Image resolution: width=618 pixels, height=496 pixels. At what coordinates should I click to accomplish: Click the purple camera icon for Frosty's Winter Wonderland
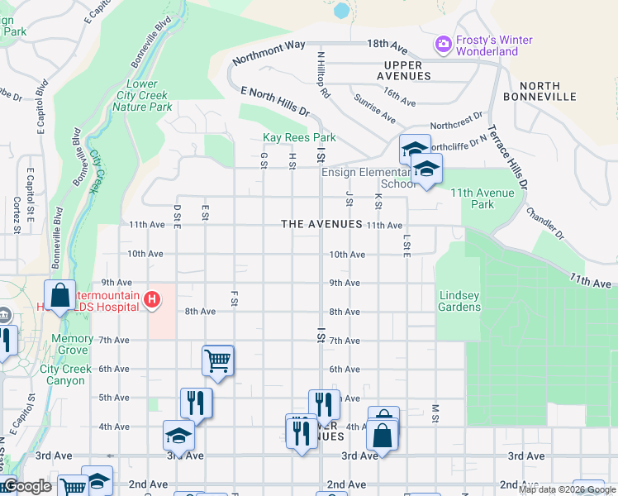(x=444, y=42)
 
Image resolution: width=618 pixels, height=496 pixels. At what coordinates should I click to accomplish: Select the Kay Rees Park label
(x=299, y=137)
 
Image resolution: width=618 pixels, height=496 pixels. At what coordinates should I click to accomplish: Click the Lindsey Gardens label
(x=460, y=301)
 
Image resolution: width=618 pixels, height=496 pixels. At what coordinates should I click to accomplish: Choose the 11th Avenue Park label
(x=483, y=198)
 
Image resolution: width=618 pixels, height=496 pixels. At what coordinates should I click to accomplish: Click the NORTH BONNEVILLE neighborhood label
(x=540, y=91)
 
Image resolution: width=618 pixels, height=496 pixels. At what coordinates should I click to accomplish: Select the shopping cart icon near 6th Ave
(x=218, y=360)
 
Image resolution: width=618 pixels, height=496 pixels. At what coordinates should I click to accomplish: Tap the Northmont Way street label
(x=269, y=54)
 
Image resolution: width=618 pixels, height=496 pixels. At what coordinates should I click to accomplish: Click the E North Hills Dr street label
(x=274, y=103)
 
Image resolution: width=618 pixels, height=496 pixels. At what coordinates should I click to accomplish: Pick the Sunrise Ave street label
(x=374, y=107)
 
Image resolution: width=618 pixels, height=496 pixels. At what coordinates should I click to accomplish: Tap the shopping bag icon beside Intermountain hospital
(x=60, y=295)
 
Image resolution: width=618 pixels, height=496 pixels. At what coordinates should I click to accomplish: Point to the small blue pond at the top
(x=340, y=11)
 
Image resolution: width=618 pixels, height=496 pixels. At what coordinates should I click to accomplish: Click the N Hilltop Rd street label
(x=323, y=76)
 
